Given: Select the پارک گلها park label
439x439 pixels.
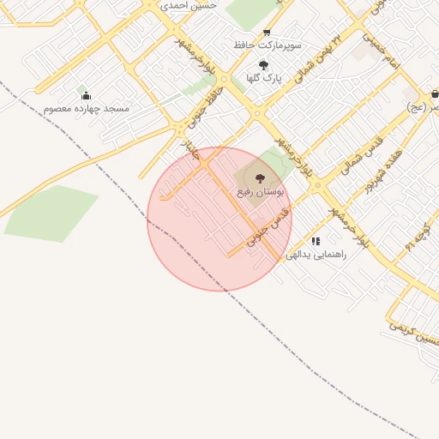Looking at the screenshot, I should click(264, 78).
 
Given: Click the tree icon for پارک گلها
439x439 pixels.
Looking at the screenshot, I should click(263, 65).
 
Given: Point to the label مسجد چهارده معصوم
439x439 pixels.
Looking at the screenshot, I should click(87, 109).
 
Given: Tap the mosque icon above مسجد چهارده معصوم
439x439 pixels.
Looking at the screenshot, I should click(86, 95).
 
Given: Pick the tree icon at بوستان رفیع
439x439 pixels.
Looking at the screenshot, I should click(260, 178).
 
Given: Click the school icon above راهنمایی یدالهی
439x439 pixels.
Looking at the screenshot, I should click(316, 242).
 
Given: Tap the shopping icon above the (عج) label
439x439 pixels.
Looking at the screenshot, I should click(436, 94).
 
